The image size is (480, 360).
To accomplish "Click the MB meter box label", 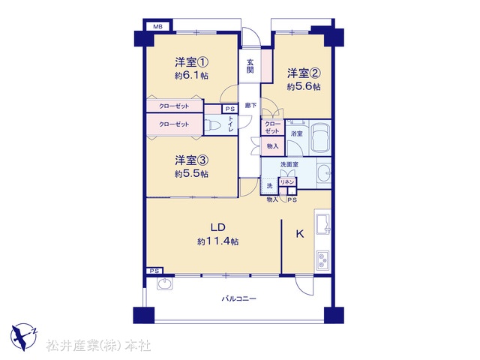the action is point(157,27).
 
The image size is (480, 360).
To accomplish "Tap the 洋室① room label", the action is point(192,62).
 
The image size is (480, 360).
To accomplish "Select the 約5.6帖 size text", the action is point(304,87).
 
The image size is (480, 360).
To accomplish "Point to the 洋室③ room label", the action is point(192,160).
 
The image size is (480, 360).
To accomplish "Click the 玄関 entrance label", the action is point(250,66).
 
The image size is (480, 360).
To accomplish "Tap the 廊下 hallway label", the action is point(250,106).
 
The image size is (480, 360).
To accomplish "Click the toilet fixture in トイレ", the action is point(214,125).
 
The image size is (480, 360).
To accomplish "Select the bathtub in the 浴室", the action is point(320,137).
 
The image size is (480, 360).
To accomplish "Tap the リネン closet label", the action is point(287,182).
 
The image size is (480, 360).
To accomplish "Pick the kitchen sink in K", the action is point(323,223).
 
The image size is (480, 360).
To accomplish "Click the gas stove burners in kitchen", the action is point(322,259).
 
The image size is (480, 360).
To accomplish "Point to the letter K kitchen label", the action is point(300,234).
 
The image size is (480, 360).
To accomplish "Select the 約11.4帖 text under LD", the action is point(218,241).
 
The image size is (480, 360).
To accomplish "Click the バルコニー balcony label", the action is point(238,298).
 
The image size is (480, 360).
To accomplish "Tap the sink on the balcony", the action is point(165,283).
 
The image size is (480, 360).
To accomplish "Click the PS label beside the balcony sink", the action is point(154,271).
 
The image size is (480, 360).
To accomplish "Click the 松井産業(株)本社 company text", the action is point(98,346).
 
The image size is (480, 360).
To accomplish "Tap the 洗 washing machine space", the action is point(269,186).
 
